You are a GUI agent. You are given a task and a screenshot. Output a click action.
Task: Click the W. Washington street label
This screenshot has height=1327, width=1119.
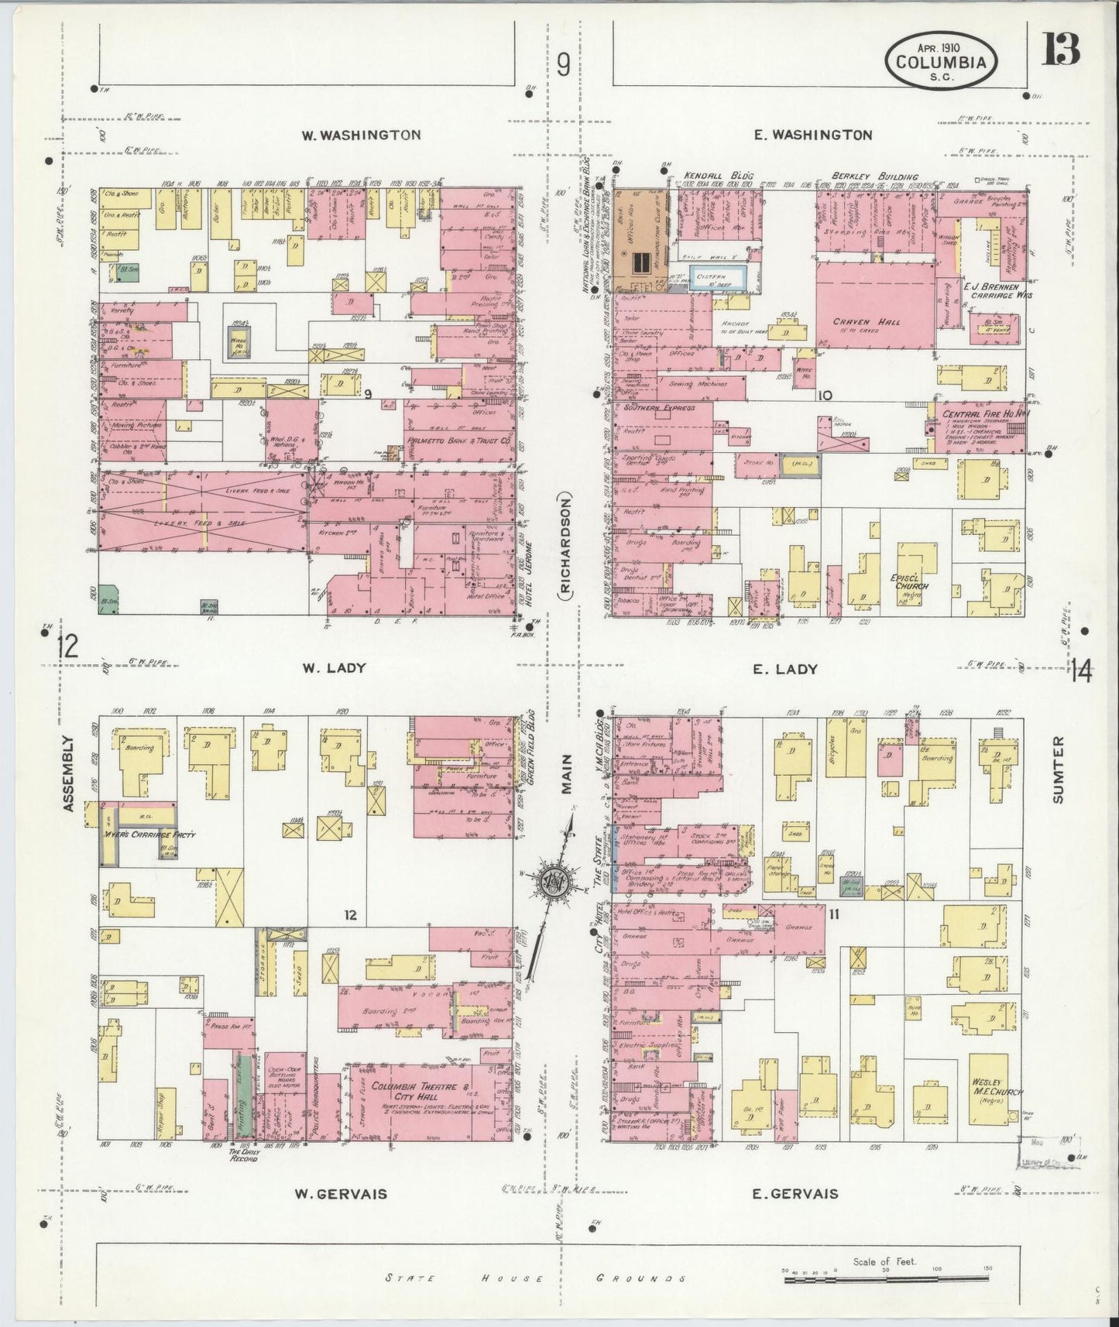tap(361, 135)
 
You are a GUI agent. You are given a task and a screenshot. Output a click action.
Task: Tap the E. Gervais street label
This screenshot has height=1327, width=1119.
tap(795, 1193)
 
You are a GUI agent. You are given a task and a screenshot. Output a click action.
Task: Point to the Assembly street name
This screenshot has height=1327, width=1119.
tap(69, 773)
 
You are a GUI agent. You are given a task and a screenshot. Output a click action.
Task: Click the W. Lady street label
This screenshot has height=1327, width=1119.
tap(323, 668)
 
